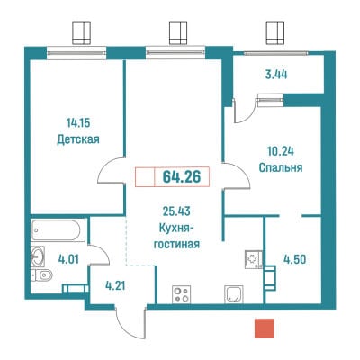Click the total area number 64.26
click(182, 177)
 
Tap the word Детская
click(78, 139)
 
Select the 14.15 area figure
click(78, 123)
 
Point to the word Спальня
click(281, 167)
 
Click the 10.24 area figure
click(281, 151)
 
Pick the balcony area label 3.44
click(276, 75)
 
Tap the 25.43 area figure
click(176, 211)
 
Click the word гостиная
click(176, 244)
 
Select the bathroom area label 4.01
click(68, 259)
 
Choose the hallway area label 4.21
click(115, 285)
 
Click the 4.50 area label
click(295, 259)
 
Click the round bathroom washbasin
click(38, 256)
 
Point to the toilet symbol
click(42, 275)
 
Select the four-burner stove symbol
click(181, 294)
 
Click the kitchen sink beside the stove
click(234, 294)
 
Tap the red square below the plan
click(265, 328)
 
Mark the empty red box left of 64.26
click(145, 177)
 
